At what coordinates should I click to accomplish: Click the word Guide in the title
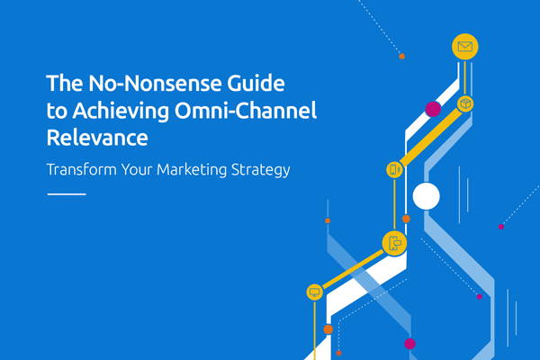pos(256,83)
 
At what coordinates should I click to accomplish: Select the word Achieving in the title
pos(121,112)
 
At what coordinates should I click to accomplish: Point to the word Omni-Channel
pos(246,110)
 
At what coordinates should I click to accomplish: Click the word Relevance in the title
pos(97,138)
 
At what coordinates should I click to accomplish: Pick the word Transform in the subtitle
pos(82,169)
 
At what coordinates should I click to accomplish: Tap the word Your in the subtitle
pos(137,169)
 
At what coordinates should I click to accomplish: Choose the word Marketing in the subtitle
pos(192,170)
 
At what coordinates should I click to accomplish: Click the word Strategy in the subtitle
pos(261,170)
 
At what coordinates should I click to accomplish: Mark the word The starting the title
pos(65,83)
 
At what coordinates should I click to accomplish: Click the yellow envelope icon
pos(465,47)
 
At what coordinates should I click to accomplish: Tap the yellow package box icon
pos(465,103)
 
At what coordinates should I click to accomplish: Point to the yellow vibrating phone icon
pos(394,169)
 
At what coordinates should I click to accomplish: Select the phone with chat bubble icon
pos(395,244)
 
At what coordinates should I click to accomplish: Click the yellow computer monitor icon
pos(314,292)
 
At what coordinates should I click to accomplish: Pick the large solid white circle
pos(426,196)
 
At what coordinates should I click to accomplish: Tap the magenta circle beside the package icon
pos(433,109)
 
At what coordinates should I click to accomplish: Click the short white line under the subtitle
pos(67,194)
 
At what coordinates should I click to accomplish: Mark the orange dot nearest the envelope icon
pos(401,56)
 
